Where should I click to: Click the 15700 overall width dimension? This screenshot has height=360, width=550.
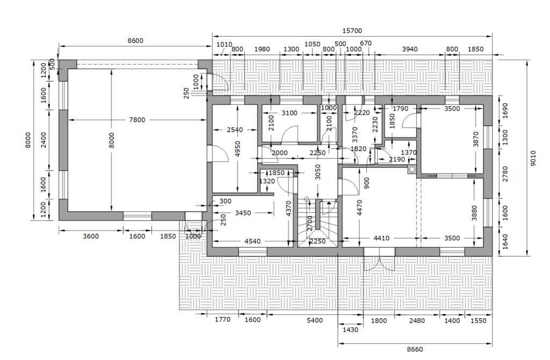point(352,31)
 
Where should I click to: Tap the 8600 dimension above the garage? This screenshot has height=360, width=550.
point(135,41)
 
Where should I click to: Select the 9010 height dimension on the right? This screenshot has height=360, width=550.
point(533,159)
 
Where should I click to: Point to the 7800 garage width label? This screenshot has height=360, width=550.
point(137,120)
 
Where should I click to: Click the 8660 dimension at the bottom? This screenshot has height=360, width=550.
point(415,349)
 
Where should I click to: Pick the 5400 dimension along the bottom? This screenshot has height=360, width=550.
point(315,320)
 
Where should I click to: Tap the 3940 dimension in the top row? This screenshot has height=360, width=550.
point(409,49)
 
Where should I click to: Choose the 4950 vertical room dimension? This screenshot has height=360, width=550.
point(238,149)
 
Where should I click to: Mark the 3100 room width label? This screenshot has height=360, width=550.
point(289,113)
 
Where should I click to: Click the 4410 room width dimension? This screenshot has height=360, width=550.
point(381,238)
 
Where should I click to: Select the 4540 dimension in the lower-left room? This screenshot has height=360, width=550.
point(252,241)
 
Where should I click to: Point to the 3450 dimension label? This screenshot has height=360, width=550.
point(243,213)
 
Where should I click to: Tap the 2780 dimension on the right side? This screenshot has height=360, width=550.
point(505,174)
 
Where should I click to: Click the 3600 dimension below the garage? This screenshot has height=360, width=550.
point(90,236)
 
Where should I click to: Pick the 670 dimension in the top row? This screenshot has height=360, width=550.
point(365,43)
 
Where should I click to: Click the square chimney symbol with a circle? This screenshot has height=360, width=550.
point(412,170)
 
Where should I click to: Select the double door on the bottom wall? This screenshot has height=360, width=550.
point(379,259)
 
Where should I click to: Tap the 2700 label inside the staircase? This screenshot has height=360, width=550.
point(309,223)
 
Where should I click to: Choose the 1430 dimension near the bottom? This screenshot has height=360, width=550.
point(350,330)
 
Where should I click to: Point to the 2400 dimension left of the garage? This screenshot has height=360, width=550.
point(44,140)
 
